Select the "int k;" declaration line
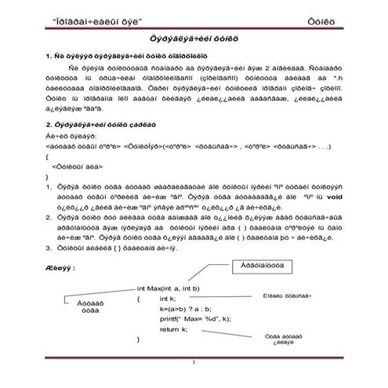tap(168, 299)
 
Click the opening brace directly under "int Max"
tap(139, 299)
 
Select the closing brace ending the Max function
tap(139, 339)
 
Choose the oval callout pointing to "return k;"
tap(285, 339)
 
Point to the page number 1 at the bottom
tap(194, 367)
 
